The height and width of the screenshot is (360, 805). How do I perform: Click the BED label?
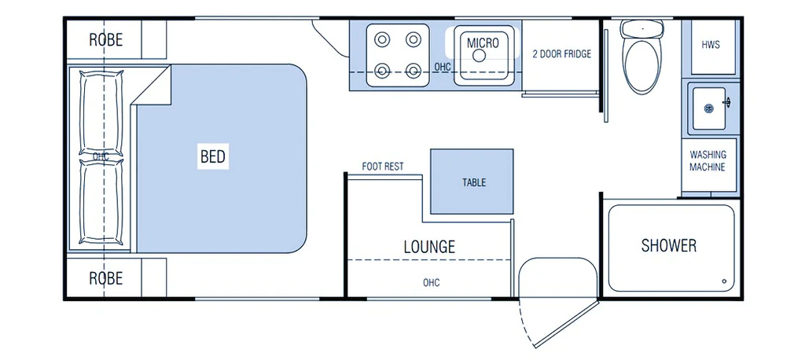[x=213, y=156]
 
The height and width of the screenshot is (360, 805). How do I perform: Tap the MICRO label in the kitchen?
[x=483, y=42]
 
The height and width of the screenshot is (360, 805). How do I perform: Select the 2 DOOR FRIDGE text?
[x=561, y=54]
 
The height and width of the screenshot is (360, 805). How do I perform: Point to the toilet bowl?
[x=641, y=66]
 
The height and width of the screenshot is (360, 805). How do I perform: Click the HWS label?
[x=711, y=45]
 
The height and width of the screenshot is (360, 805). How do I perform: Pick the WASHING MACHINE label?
[x=708, y=160]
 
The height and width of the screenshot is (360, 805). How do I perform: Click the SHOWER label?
[x=669, y=245]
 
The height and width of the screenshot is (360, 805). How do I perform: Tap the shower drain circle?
[x=724, y=281]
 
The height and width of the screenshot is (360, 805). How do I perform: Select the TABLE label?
[x=474, y=182]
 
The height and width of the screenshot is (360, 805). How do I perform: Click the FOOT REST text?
[x=383, y=167]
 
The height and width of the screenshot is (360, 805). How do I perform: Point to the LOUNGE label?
[x=429, y=247]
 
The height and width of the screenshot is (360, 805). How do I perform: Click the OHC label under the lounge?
[x=432, y=282]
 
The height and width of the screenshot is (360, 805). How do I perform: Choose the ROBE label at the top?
[x=106, y=40]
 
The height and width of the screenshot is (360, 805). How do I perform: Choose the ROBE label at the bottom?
[x=106, y=278]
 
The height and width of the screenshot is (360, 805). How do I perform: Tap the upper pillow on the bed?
[x=102, y=113]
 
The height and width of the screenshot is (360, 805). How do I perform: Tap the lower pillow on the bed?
[x=102, y=202]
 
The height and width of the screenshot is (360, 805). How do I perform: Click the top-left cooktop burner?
[x=381, y=39]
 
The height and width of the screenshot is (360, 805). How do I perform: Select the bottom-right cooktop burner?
[x=413, y=70]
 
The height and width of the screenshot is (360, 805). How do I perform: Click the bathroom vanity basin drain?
[x=708, y=108]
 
